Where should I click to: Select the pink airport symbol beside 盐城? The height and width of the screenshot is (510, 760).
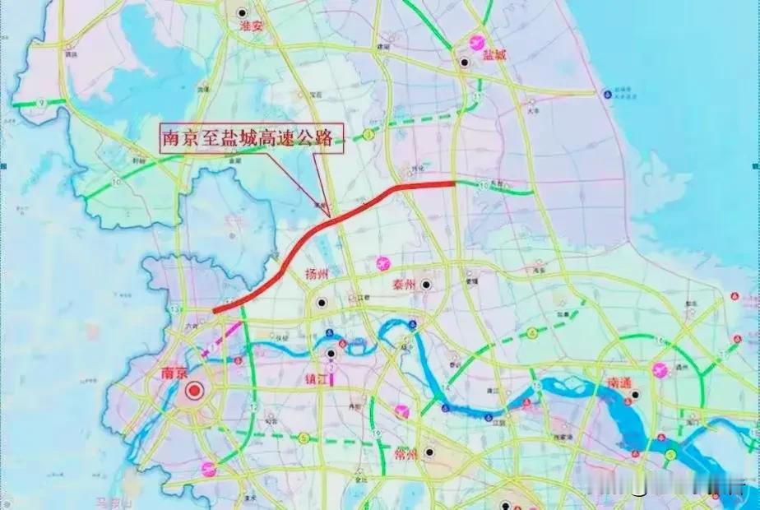pyautogui.click(x=475, y=41)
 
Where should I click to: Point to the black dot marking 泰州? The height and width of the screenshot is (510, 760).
pyautogui.click(x=426, y=285)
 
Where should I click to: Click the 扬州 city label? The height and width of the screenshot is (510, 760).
pyautogui.click(x=317, y=275)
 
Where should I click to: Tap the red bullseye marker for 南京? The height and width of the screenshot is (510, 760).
pyautogui.click(x=194, y=392)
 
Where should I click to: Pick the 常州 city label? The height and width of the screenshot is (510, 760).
pyautogui.click(x=406, y=454)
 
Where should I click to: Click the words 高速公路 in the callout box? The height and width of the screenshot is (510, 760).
pyautogui.click(x=297, y=138)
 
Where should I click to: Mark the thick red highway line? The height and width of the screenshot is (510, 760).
pyautogui.click(x=329, y=222)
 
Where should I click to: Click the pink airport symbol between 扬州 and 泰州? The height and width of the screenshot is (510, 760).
pyautogui.click(x=382, y=264)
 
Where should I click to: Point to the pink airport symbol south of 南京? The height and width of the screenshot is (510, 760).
pyautogui.click(x=210, y=469)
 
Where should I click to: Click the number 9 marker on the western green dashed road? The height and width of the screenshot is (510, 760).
pyautogui.click(x=39, y=102)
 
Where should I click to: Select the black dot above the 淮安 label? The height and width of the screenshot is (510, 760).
pyautogui.click(x=241, y=12)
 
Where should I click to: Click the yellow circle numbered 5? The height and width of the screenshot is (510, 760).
pyautogui.click(x=304, y=438)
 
